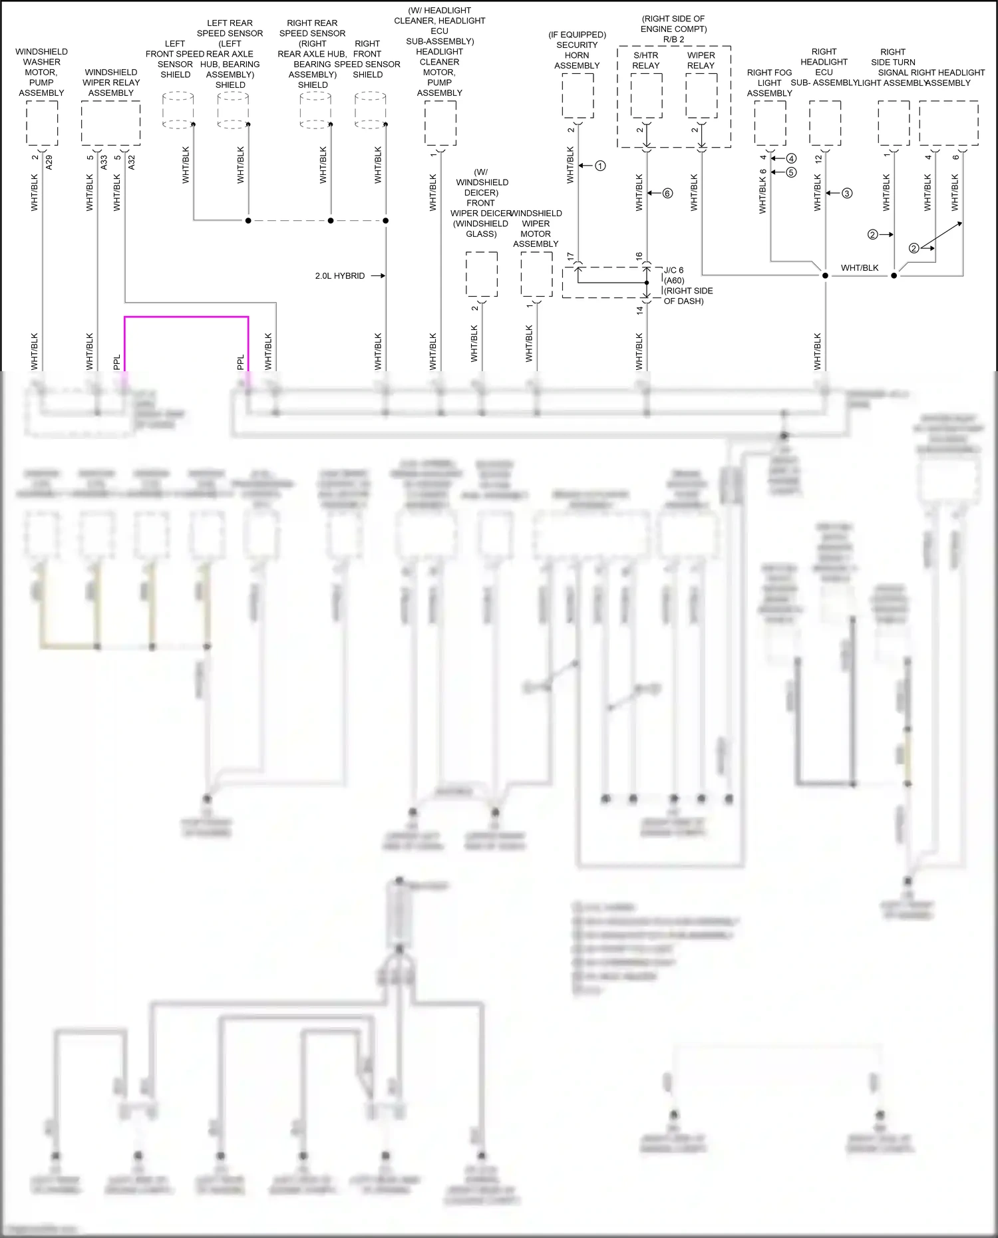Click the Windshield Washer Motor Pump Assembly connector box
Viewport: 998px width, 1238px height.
[x=42, y=123]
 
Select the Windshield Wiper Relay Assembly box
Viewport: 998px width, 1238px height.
[x=110, y=123]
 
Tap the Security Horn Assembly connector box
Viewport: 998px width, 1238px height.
[x=578, y=96]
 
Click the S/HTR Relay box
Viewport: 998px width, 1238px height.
[x=646, y=96]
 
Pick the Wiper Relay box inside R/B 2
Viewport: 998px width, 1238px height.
[x=701, y=96]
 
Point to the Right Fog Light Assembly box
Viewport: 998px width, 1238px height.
[x=770, y=123]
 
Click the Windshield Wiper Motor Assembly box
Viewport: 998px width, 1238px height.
[x=536, y=274]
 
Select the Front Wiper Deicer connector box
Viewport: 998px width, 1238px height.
[x=481, y=274]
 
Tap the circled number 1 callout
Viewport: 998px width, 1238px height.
[x=600, y=166]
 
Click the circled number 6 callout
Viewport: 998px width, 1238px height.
[x=667, y=194]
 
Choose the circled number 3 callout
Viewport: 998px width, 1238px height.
[x=847, y=194]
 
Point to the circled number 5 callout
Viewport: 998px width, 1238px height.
[x=791, y=172]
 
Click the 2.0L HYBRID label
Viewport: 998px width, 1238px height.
[x=339, y=275]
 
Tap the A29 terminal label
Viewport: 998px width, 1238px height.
[x=49, y=163]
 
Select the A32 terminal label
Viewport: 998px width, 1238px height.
[x=131, y=163]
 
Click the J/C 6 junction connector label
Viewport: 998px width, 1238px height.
[x=673, y=270]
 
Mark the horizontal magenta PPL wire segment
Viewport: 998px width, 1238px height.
[x=186, y=317]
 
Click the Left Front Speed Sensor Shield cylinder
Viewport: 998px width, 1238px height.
[x=178, y=110]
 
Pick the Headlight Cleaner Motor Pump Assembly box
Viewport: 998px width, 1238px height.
[x=440, y=123]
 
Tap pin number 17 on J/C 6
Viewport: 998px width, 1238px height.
[x=570, y=256]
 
